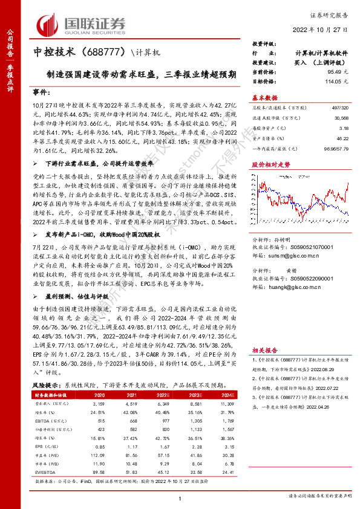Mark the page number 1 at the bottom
point(180,497)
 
